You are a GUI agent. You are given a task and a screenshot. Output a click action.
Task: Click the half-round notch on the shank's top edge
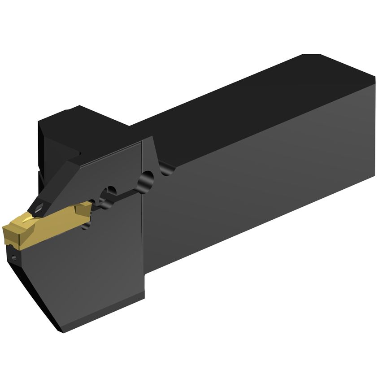167,169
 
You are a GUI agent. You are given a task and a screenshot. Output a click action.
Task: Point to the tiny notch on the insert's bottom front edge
9,245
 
